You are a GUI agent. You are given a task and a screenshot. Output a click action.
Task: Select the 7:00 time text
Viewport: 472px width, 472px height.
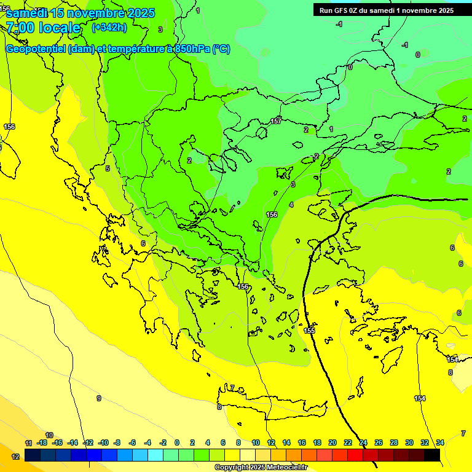click(20, 28)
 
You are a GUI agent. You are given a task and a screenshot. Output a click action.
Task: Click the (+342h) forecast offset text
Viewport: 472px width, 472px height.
click(109, 28)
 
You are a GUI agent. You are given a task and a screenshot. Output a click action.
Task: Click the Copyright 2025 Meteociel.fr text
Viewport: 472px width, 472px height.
click(261, 468)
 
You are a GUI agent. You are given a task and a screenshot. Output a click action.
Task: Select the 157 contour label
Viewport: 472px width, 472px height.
click(277, 120)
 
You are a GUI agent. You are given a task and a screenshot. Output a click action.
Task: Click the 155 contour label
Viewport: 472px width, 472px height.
click(309, 331)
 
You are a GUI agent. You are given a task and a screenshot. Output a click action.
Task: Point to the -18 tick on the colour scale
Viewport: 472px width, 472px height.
click(42, 442)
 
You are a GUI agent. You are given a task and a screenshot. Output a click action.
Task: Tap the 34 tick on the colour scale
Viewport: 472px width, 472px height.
click(440, 442)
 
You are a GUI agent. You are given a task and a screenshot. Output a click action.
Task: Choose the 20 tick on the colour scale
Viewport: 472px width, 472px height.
click(332, 442)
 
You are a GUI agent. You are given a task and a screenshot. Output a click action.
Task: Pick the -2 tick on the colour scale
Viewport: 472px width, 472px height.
click(162, 442)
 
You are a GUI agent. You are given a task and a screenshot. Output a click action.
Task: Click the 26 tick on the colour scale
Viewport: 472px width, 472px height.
click(379, 442)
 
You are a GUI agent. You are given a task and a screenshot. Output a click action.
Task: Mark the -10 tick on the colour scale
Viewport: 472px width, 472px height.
click(103, 442)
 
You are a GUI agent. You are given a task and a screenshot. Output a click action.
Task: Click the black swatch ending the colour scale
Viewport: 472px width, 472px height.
click(432, 455)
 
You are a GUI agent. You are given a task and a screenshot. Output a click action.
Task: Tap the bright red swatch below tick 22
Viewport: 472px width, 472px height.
click(355, 455)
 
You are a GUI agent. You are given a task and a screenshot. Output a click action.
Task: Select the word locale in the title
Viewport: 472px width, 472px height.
click(60, 28)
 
